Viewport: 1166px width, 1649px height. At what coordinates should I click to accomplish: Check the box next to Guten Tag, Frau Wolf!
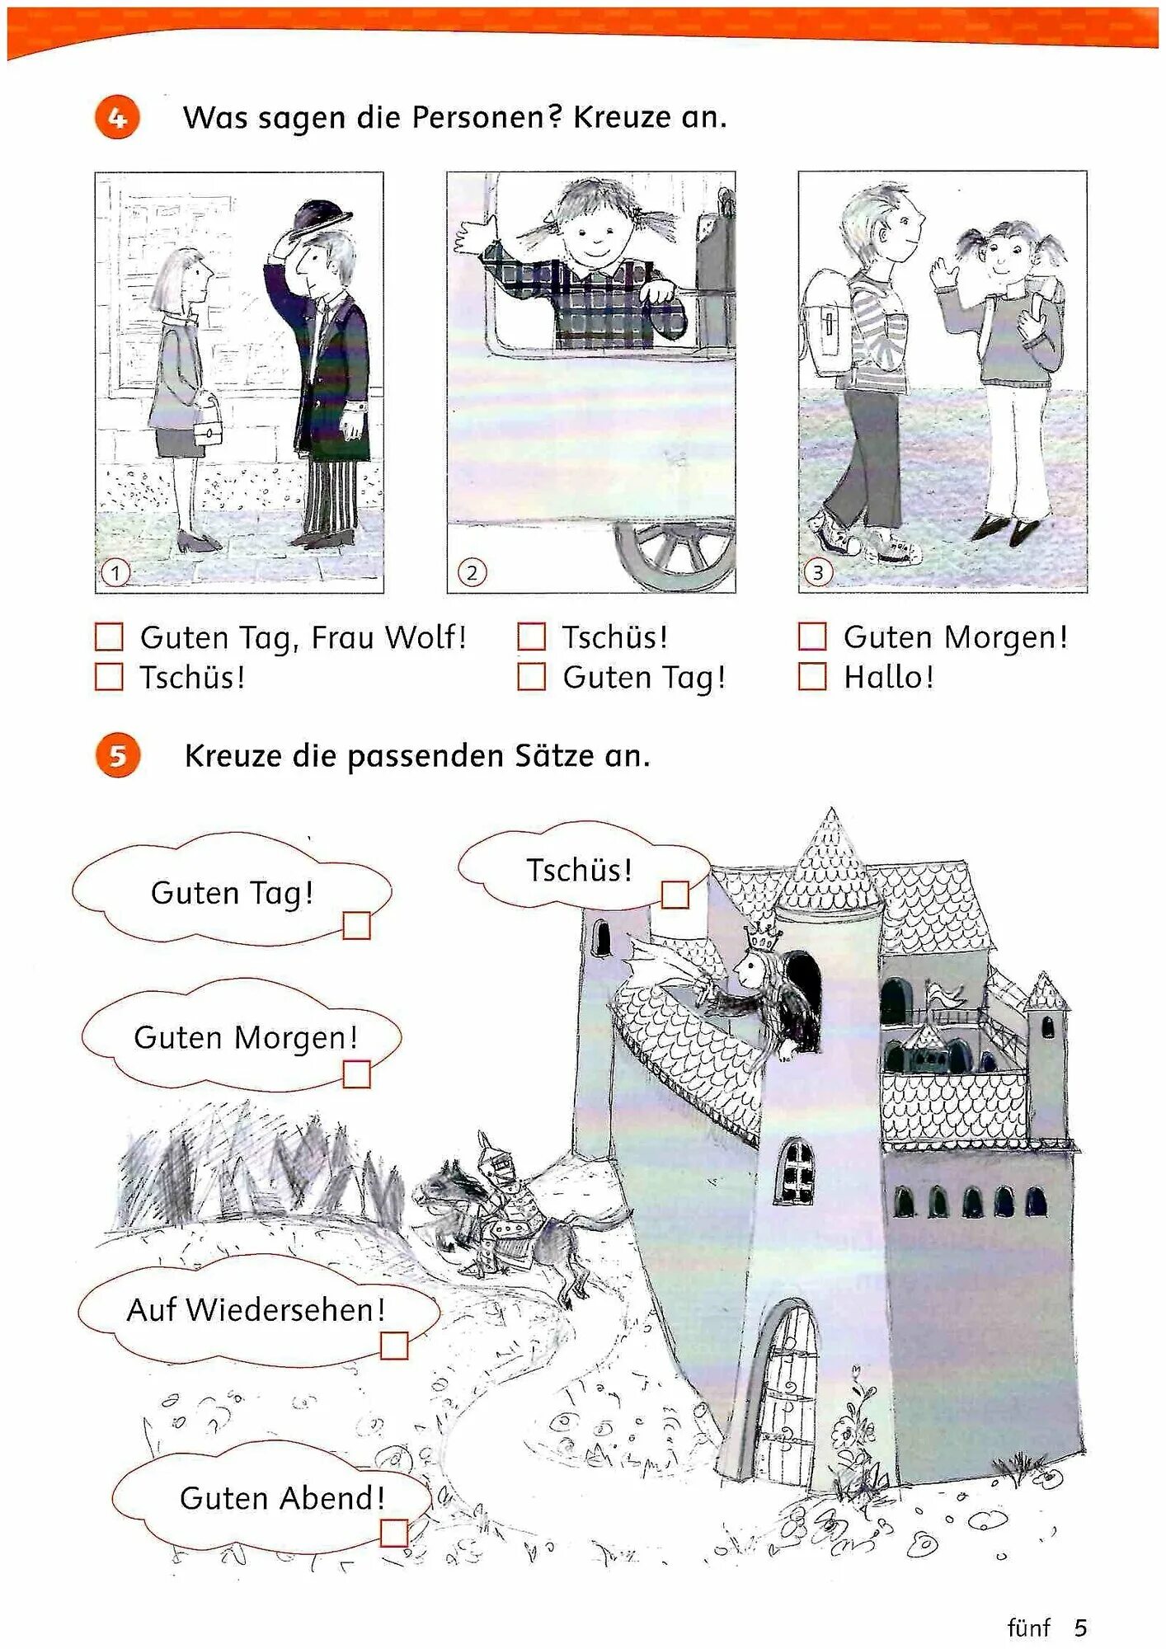(109, 637)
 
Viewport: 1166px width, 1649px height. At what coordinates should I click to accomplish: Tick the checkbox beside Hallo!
(811, 676)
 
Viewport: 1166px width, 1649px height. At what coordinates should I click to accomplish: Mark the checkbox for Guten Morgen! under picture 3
(811, 636)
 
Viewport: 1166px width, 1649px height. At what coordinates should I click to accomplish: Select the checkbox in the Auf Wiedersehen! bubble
(394, 1346)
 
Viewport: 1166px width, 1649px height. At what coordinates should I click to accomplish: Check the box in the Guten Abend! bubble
(394, 1533)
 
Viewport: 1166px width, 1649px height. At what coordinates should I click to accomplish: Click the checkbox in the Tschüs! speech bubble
(675, 895)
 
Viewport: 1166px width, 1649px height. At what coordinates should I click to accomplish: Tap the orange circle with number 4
(117, 117)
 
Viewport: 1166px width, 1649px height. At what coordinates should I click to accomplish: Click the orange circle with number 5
(117, 755)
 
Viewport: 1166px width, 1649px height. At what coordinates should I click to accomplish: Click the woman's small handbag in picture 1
(209, 425)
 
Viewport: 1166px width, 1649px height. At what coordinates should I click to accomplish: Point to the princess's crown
(763, 937)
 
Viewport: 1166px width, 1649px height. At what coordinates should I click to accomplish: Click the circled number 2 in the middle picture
(472, 572)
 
